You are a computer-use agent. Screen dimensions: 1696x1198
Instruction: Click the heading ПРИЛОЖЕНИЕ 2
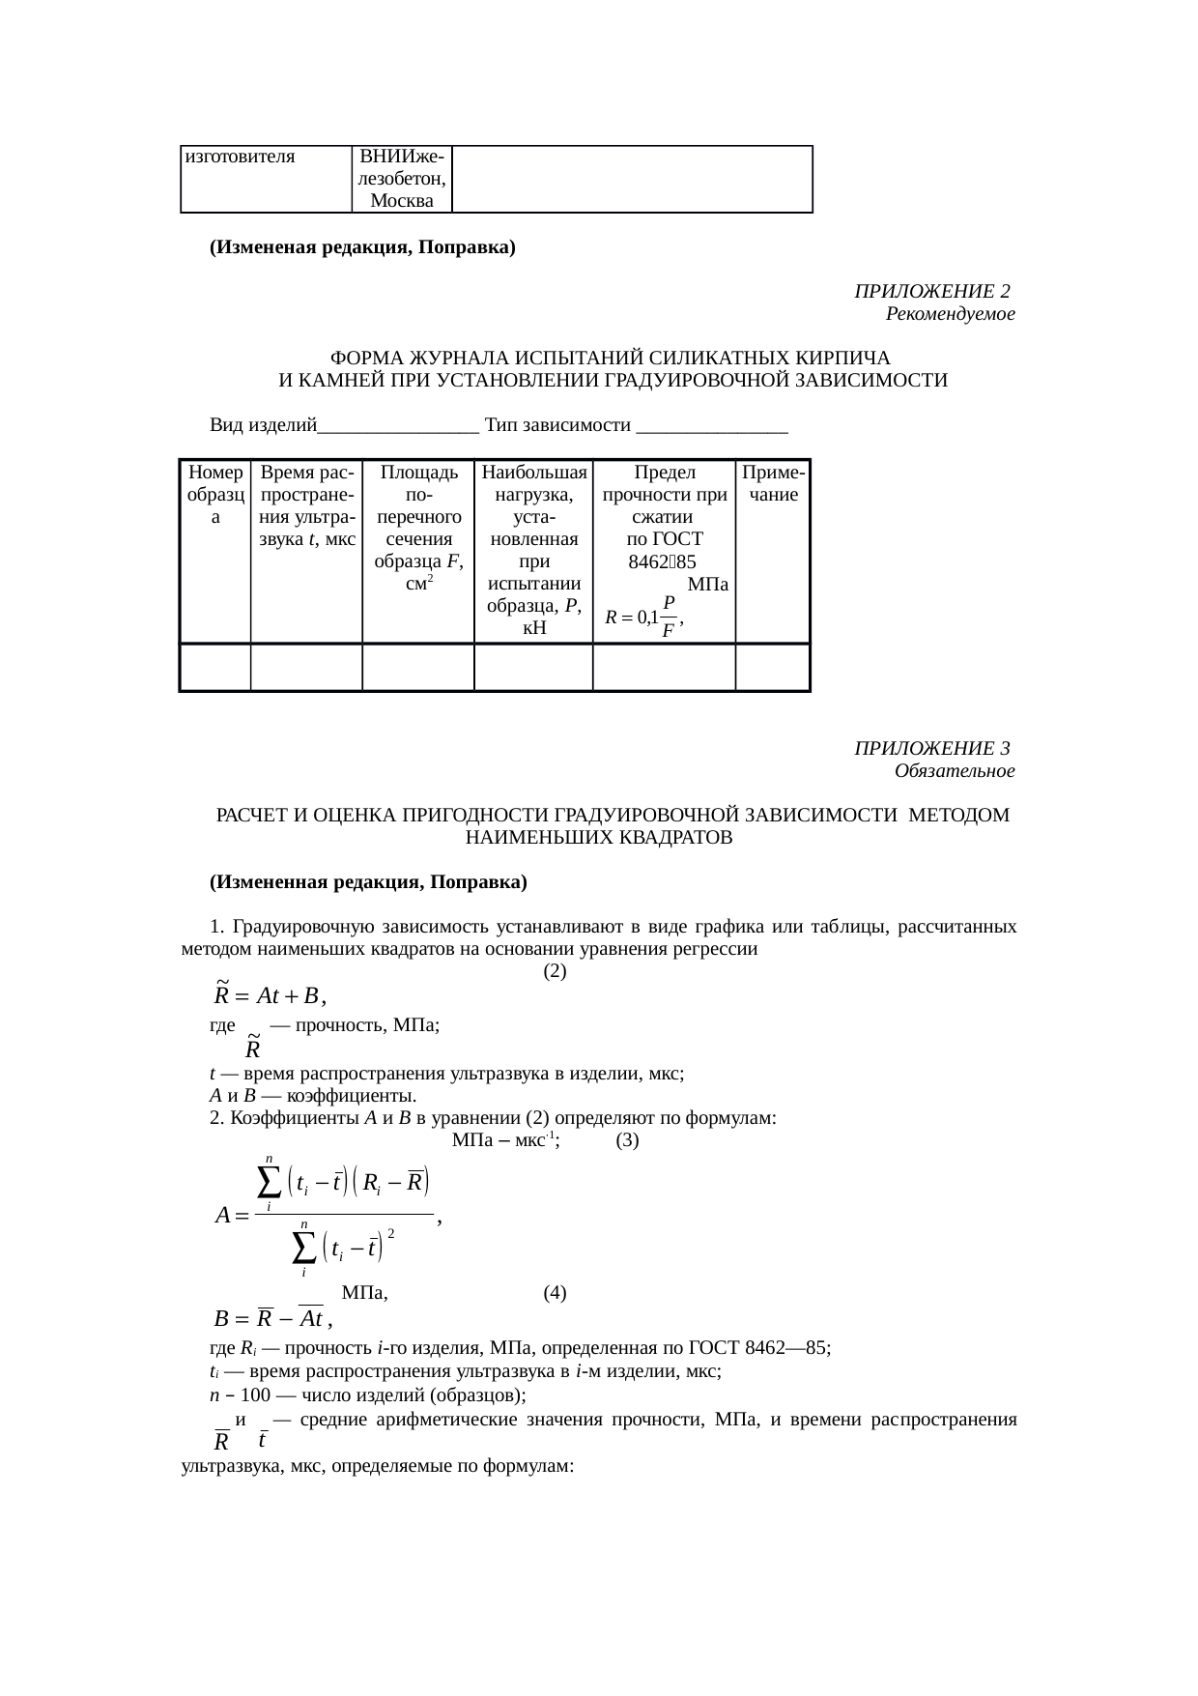[931, 292]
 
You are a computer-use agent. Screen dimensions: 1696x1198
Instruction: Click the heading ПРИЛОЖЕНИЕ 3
[931, 749]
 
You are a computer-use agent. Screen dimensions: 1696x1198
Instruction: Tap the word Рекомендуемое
[950, 314]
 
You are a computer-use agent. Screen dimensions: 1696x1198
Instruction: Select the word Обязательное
[954, 771]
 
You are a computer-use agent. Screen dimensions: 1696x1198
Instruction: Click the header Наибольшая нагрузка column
[533, 549]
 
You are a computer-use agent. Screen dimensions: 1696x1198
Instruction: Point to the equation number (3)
[627, 1140]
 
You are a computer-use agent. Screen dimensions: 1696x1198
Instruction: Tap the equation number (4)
[555, 1293]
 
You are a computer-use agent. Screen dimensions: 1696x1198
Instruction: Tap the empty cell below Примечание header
[772, 668]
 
